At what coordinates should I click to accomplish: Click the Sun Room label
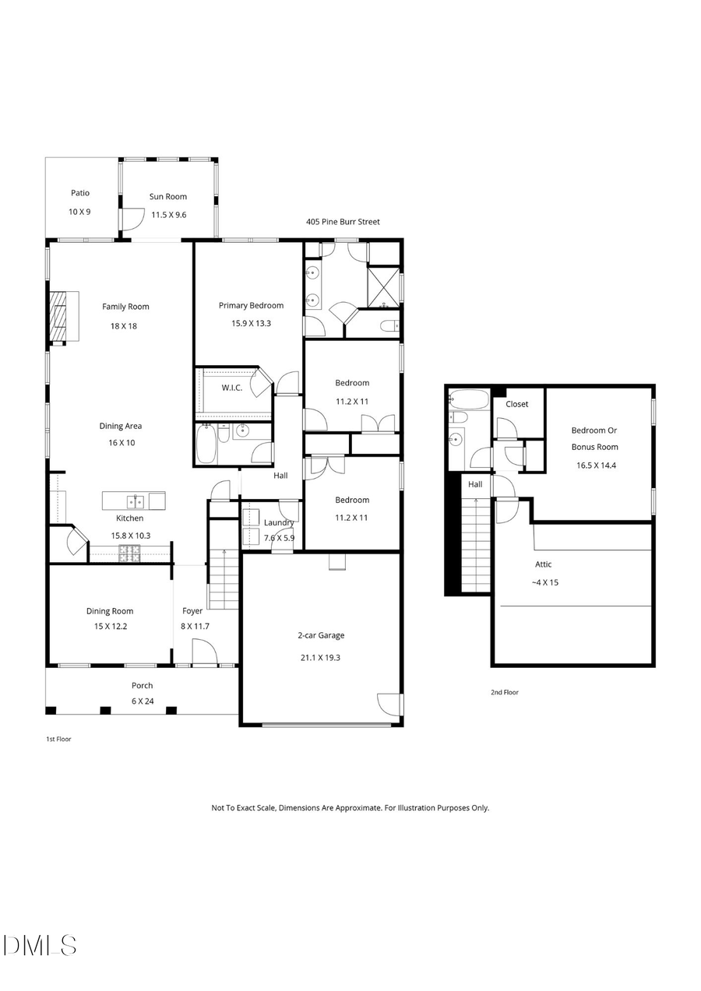pyautogui.click(x=168, y=197)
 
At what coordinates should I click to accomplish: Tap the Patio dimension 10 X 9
pyautogui.click(x=80, y=211)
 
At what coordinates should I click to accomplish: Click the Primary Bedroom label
pyautogui.click(x=251, y=306)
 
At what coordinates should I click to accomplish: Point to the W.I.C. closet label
pyautogui.click(x=231, y=388)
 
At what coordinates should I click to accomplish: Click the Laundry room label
pyautogui.click(x=279, y=522)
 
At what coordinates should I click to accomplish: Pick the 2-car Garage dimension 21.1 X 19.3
pyautogui.click(x=320, y=657)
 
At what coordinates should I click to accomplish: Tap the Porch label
pyautogui.click(x=142, y=686)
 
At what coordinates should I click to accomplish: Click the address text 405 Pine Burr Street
pyautogui.click(x=343, y=222)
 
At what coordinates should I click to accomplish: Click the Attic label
pyautogui.click(x=544, y=564)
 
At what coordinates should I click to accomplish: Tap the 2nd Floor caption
pyautogui.click(x=505, y=692)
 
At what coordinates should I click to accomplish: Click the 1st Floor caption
pyautogui.click(x=58, y=739)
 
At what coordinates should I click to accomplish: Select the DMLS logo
pyautogui.click(x=40, y=945)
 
